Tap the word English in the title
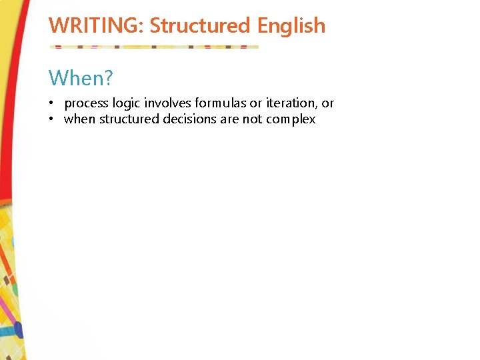pyautogui.click(x=291, y=26)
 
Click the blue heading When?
pyautogui.click(x=81, y=79)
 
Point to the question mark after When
pyautogui.click(x=107, y=79)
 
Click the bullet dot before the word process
pyautogui.click(x=51, y=103)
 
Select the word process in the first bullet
pyautogui.click(x=87, y=103)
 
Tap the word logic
pyautogui.click(x=127, y=103)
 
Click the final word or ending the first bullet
pyautogui.click(x=327, y=103)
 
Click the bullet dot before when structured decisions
pyautogui.click(x=51, y=119)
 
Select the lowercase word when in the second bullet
pyautogui.click(x=79, y=119)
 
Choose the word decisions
pyautogui.click(x=191, y=119)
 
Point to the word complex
pyautogui.click(x=291, y=119)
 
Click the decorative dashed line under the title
pyautogui.click(x=154, y=47)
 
